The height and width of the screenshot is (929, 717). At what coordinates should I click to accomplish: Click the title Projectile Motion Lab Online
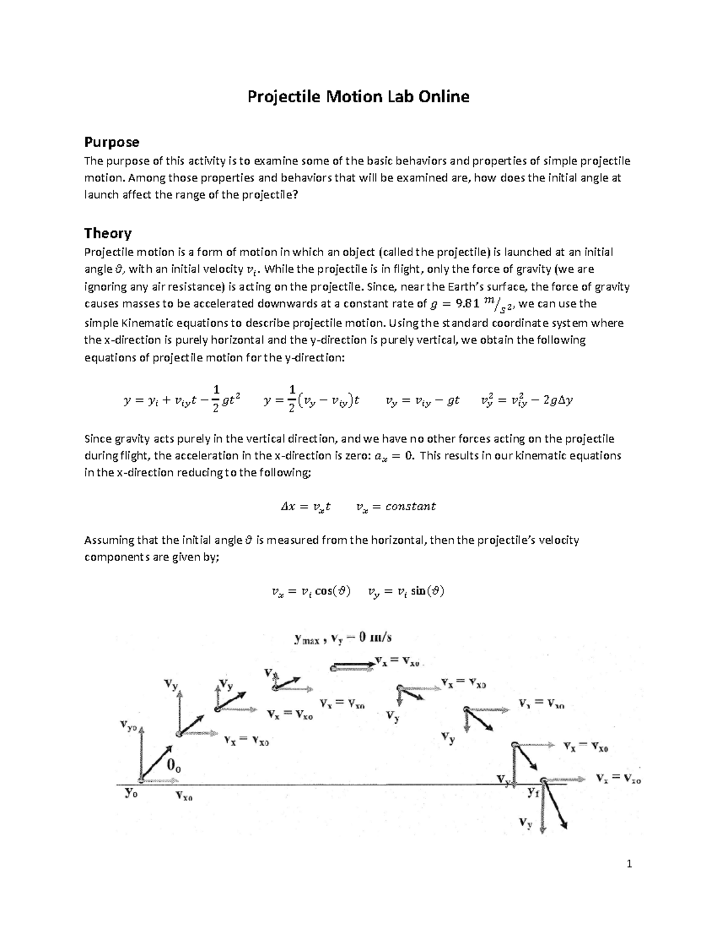358,96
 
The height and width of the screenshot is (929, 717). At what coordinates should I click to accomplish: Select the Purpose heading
112,142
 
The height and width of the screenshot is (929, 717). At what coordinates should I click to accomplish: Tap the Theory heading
108,233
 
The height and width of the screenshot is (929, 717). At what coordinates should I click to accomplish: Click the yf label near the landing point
534,793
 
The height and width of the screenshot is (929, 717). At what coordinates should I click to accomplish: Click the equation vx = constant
396,507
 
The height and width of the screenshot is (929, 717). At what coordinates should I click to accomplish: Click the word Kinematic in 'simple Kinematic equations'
148,323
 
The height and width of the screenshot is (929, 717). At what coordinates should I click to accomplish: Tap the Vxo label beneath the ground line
184,796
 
